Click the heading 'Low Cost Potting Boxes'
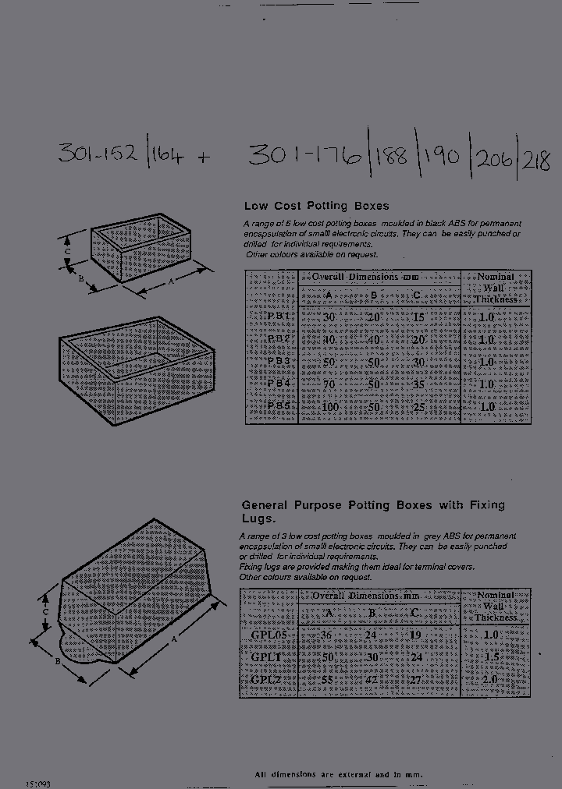[x=316, y=207]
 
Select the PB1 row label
[x=278, y=317]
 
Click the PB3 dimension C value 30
[x=418, y=362]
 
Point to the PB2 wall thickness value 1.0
[x=486, y=340]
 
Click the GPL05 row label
[x=269, y=635]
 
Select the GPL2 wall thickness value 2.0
[x=489, y=679]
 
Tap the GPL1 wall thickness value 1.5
[x=489, y=657]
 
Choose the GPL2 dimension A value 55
[x=328, y=679]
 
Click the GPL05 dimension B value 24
[x=372, y=635]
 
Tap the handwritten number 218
[x=536, y=161]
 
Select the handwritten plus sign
[x=203, y=157]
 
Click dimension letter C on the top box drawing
[x=68, y=252]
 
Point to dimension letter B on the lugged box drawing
[x=58, y=663]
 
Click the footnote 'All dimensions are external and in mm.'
[x=340, y=774]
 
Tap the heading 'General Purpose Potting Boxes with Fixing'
[x=373, y=505]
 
